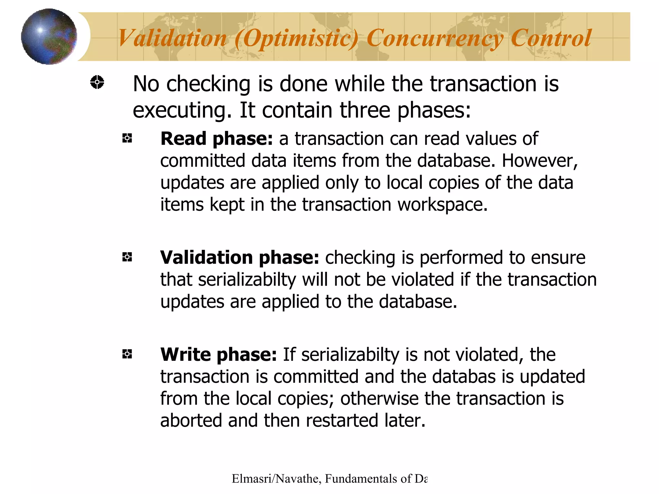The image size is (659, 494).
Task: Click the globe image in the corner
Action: click(49, 36)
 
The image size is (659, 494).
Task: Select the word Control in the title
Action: click(551, 38)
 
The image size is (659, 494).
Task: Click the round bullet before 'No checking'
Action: click(97, 82)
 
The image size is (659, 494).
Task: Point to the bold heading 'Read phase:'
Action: click(217, 139)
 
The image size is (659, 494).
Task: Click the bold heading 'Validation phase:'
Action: click(239, 257)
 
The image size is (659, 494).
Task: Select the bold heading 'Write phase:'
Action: click(218, 354)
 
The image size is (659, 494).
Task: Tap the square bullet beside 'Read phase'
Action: click(127, 139)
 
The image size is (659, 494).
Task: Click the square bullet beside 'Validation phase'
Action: click(127, 257)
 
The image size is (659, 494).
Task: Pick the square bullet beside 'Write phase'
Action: click(127, 354)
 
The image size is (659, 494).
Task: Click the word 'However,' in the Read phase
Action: click(540, 160)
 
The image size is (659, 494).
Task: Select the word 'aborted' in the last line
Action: click(191, 420)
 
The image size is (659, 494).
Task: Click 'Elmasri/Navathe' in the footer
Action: click(275, 479)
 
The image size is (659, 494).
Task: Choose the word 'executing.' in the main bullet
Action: click(182, 110)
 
